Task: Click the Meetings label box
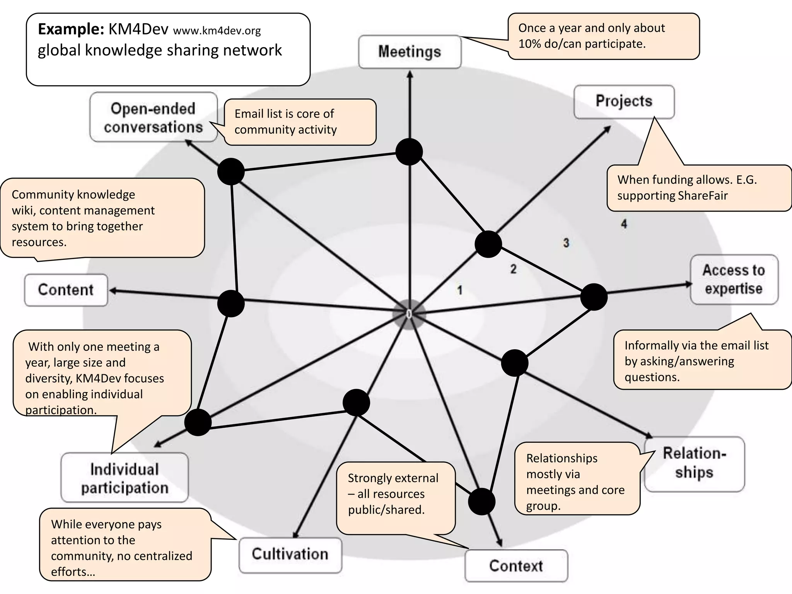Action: tap(410, 52)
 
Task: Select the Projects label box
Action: tap(624, 101)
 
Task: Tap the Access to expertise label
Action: tap(734, 280)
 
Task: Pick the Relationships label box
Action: tap(694, 463)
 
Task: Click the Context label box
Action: tap(516, 566)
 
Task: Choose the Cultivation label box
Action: tap(290, 554)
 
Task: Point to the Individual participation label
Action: tap(125, 478)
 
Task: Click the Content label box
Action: tap(66, 290)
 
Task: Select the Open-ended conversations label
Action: tap(153, 118)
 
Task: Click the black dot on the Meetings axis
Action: tap(409, 152)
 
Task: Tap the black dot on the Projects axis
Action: tap(488, 244)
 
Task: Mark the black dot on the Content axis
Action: tap(231, 304)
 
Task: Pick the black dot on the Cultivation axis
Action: tap(356, 403)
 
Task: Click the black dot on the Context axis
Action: tap(481, 501)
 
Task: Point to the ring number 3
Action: tap(566, 243)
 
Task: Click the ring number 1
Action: tap(460, 290)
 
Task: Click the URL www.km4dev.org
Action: tap(217, 31)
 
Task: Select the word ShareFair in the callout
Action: tap(703, 196)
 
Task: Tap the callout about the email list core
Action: tap(300, 122)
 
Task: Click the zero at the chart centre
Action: tap(409, 314)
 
